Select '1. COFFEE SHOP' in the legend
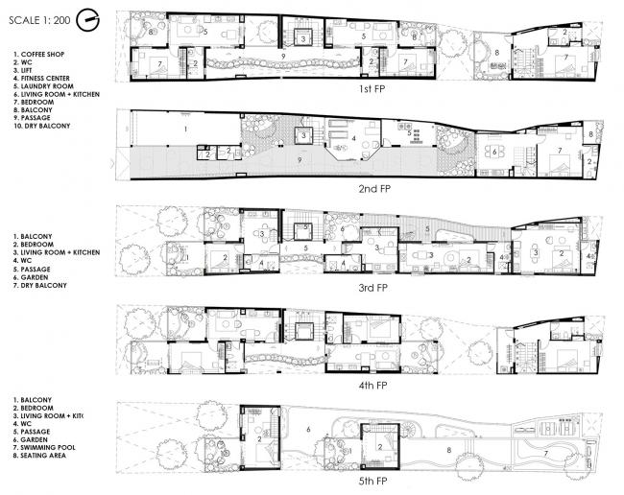click(x=44, y=56)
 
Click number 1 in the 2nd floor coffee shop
click(x=185, y=127)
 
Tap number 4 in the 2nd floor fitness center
click(x=354, y=139)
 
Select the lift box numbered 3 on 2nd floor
click(x=303, y=137)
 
